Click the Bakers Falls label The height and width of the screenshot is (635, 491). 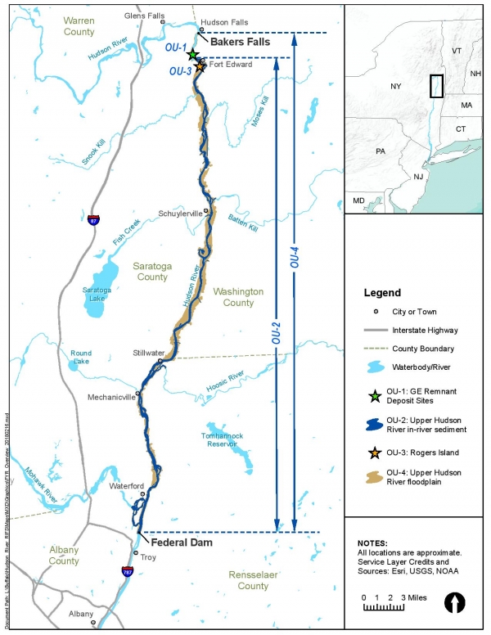click(x=239, y=40)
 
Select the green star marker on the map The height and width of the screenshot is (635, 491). click(x=192, y=55)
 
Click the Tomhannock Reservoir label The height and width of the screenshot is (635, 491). click(x=224, y=440)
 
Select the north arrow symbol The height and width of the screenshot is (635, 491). click(x=454, y=603)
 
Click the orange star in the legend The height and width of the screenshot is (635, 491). click(x=375, y=452)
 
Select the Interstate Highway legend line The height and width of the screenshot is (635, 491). click(x=375, y=330)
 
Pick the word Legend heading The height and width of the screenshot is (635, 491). click(x=382, y=292)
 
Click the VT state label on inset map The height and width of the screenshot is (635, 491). click(x=457, y=50)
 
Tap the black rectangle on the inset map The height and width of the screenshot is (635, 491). click(x=436, y=87)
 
